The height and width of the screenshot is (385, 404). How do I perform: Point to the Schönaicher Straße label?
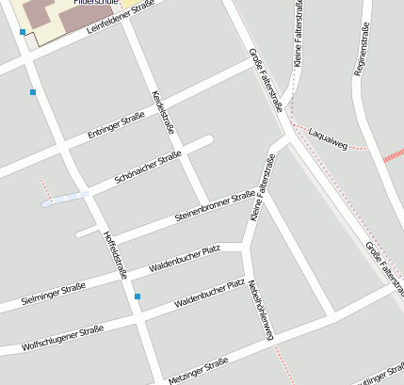[x=147, y=167]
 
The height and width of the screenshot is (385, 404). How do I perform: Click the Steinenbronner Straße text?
[x=215, y=207]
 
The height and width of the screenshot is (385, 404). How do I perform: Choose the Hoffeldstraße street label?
[x=115, y=254]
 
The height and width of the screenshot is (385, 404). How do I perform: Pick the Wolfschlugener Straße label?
[x=62, y=338]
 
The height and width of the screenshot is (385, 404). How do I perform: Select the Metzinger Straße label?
[x=198, y=370]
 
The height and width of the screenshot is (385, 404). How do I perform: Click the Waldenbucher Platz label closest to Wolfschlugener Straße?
[x=209, y=294]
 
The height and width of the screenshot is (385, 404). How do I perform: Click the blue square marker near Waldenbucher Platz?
[x=137, y=297]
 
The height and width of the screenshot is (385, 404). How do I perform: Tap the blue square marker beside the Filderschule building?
[x=23, y=32]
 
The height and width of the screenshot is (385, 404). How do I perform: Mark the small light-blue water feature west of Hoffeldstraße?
[x=64, y=199]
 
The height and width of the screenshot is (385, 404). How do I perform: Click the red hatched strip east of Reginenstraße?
[x=393, y=155]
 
